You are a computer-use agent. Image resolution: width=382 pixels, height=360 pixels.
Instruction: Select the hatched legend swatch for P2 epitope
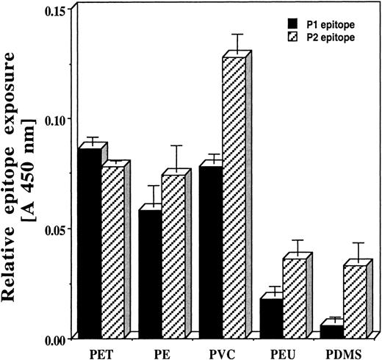coord(283,35)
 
